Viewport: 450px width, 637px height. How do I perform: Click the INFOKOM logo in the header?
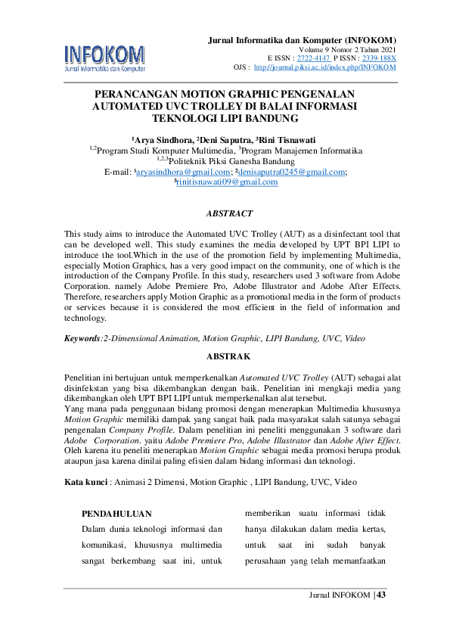[x=104, y=57]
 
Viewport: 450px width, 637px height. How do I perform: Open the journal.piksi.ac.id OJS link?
[x=325, y=67]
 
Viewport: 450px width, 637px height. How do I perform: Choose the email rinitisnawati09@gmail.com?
[x=227, y=182]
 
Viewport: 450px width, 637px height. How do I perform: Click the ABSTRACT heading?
[x=229, y=214]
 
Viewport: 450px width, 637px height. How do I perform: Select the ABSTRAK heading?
[x=228, y=356]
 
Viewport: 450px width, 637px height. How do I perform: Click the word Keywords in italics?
[x=82, y=340]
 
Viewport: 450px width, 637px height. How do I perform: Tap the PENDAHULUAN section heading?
[x=111, y=513]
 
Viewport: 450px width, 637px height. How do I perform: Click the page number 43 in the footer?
[x=380, y=595]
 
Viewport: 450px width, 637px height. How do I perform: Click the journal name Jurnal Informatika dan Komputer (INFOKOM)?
[x=302, y=39]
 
